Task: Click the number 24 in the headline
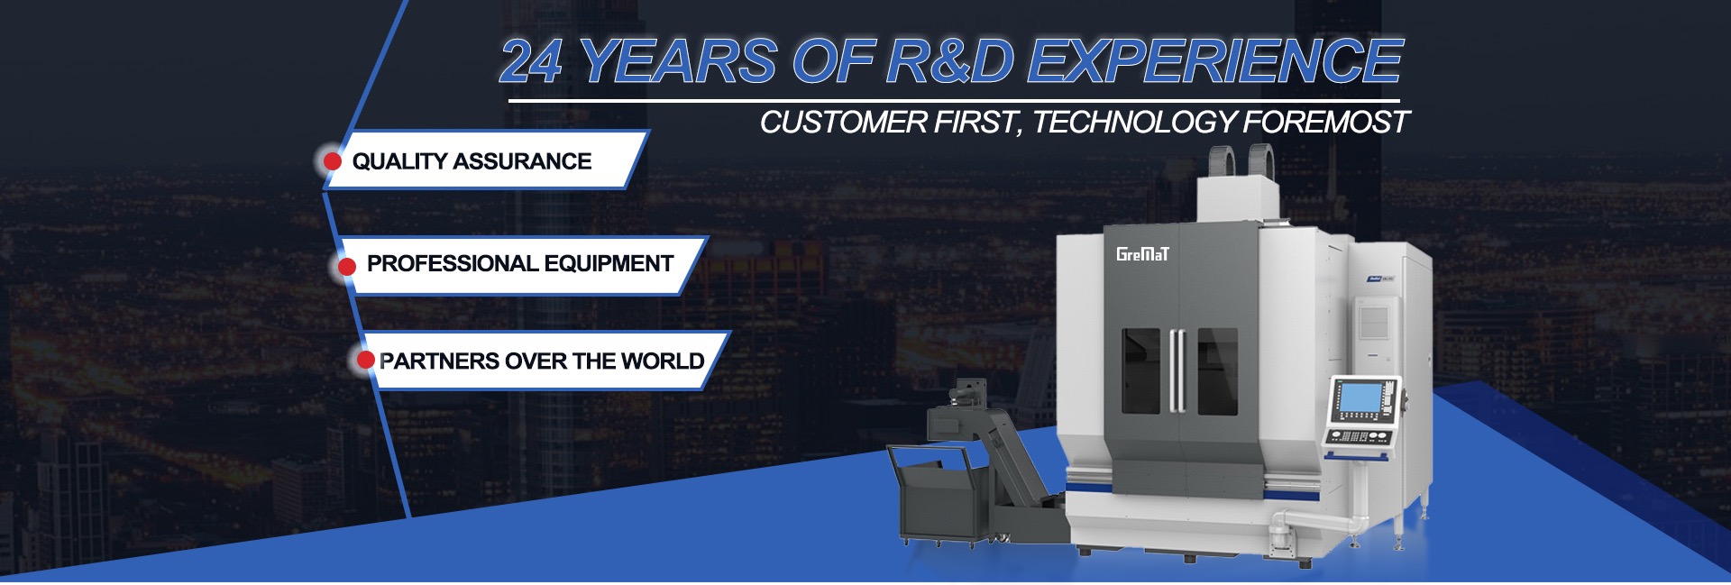click(532, 61)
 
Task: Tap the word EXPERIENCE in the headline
click(1214, 61)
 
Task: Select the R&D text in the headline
click(950, 61)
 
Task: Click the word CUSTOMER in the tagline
click(844, 122)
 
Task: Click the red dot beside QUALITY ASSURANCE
click(333, 161)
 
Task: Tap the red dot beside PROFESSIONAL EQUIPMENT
click(347, 266)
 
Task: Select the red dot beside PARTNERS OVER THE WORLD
click(365, 361)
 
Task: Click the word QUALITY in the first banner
click(399, 161)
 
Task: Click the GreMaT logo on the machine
click(1142, 254)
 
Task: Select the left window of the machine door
click(1140, 371)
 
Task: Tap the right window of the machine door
click(1217, 371)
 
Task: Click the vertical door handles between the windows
click(1178, 371)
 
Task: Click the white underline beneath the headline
click(954, 101)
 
